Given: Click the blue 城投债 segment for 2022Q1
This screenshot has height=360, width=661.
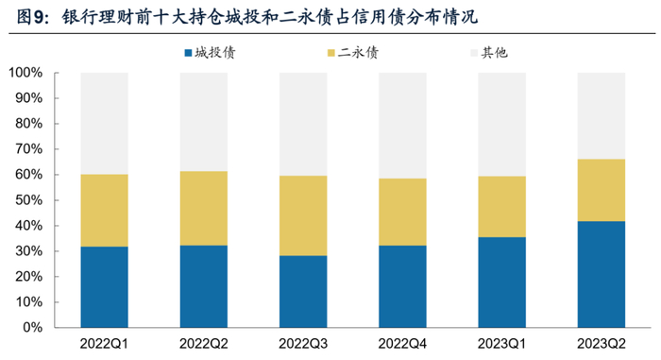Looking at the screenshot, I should click(x=104, y=286).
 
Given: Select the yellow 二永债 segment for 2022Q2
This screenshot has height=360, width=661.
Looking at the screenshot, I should click(x=203, y=208).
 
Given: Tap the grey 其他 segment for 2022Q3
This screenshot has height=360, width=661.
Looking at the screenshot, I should click(x=303, y=124).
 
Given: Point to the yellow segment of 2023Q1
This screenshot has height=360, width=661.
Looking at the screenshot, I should click(x=501, y=207).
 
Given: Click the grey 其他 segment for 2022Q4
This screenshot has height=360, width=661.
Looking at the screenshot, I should click(x=402, y=126).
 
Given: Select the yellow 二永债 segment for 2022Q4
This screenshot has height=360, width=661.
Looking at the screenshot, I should click(x=402, y=212).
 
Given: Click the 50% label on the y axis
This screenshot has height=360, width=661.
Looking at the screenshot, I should click(x=27, y=200).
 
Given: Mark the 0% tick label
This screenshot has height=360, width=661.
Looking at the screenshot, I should click(x=31, y=328).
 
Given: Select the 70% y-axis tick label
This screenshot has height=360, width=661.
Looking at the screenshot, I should click(x=27, y=149).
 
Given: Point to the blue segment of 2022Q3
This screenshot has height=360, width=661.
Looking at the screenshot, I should click(x=303, y=291).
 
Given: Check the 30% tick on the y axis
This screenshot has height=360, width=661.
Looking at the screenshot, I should click(x=27, y=251).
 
